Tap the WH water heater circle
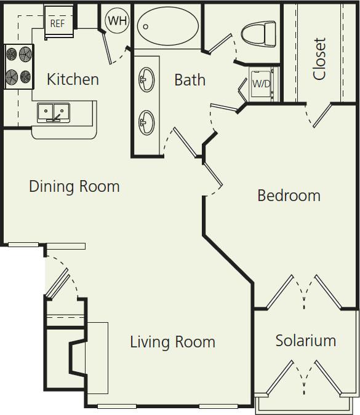[x=118, y=21]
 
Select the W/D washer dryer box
[x=262, y=84]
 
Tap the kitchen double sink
[x=54, y=113]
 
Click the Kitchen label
[x=73, y=79]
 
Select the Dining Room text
[x=74, y=186]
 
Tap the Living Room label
[x=172, y=342]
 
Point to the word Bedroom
[x=289, y=196]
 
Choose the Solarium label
[x=305, y=341]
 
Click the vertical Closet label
[x=319, y=59]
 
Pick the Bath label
[x=190, y=80]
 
